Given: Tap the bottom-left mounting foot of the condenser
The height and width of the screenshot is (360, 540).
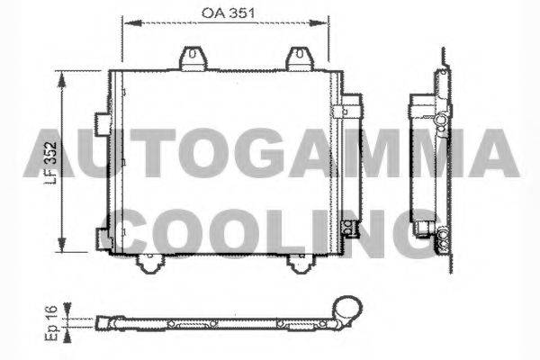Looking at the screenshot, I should pos(149,263).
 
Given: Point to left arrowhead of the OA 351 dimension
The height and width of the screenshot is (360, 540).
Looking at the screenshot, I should pos(127,24).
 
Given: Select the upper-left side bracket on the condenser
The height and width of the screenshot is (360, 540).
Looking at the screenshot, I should pos(101,121).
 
